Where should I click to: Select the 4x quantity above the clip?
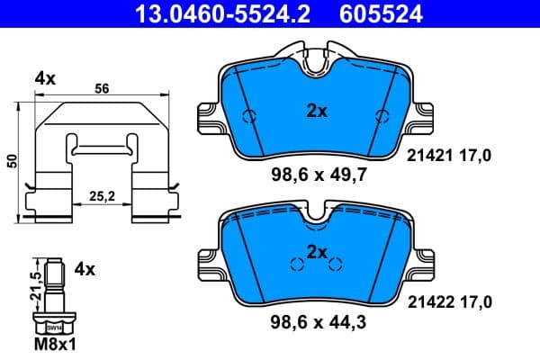point(44,79)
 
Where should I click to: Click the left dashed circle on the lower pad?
point(294,264)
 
